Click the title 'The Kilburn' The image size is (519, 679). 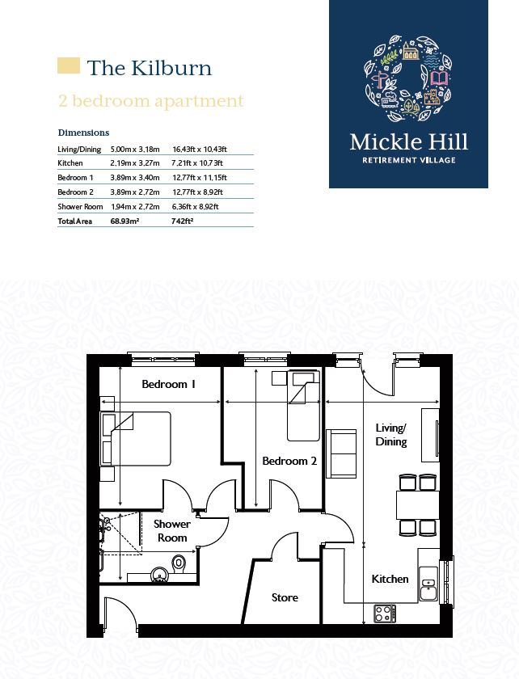[149, 68]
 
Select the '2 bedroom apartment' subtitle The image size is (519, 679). [150, 101]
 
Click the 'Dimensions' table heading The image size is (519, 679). [83, 133]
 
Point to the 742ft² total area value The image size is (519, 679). [183, 221]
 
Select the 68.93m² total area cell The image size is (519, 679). [124, 221]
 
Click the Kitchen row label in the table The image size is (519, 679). [70, 163]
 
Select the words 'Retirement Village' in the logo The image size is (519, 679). [408, 160]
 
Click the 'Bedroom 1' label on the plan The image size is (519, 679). [169, 385]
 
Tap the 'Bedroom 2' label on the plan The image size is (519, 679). [289, 461]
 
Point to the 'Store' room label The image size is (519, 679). [285, 597]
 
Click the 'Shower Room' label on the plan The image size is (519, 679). [171, 531]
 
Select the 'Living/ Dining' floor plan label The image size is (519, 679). [391, 435]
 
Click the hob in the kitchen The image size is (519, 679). [383, 614]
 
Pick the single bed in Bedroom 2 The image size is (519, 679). [303, 405]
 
